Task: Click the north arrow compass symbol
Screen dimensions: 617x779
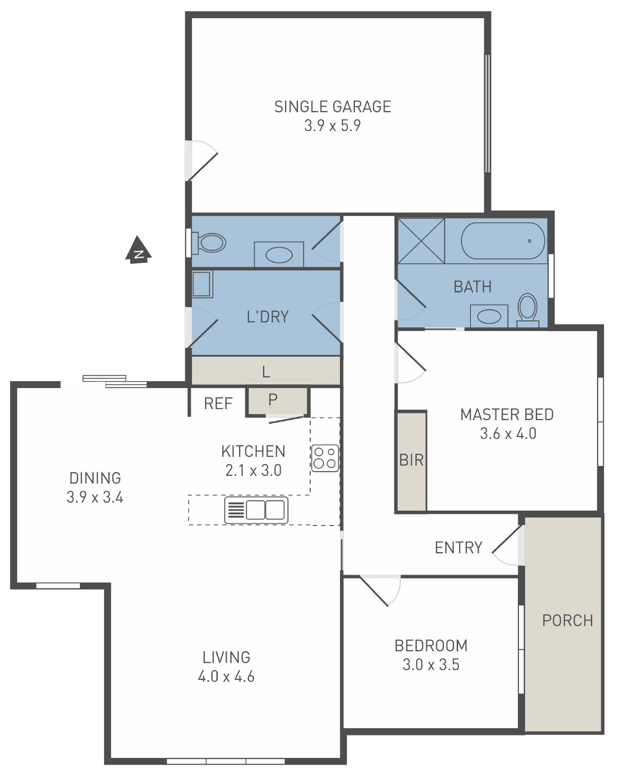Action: click(138, 250)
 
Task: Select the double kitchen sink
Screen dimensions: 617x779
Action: click(257, 510)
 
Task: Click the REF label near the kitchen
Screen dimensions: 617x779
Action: click(218, 404)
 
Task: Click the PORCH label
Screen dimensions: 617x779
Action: click(568, 621)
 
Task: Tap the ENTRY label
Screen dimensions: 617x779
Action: click(458, 548)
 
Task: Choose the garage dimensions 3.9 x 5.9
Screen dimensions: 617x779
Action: click(332, 126)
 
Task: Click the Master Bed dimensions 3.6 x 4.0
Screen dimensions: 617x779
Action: click(508, 434)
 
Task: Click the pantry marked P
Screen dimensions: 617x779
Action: click(277, 401)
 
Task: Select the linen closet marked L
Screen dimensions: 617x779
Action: click(266, 371)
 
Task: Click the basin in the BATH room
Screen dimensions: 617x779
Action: click(489, 316)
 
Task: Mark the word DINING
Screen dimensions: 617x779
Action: click(95, 478)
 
